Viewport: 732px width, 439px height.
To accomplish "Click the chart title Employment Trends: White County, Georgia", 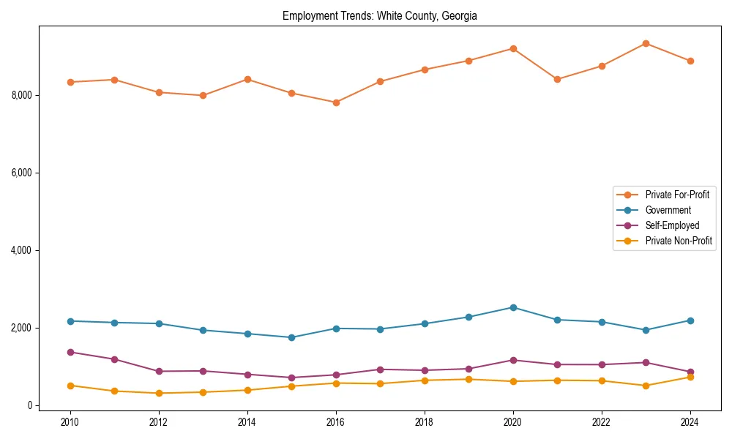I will click(380, 16).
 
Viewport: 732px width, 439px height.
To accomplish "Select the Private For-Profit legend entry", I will click(677, 195).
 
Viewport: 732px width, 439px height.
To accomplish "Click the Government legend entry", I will click(668, 210).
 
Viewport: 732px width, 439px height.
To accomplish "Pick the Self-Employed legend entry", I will click(672, 225).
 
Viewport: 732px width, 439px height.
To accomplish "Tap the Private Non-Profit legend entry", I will click(679, 241).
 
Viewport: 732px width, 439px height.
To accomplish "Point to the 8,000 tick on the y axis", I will click(23, 95).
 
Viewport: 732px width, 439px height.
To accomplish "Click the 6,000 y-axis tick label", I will click(23, 173).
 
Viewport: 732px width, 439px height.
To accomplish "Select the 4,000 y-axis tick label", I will click(23, 250).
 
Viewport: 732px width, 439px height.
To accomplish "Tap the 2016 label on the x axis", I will click(335, 422).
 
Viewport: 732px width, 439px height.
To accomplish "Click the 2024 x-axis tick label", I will click(690, 422).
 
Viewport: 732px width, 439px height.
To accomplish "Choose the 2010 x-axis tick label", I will click(70, 422).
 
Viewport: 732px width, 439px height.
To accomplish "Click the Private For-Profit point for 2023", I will click(646, 43).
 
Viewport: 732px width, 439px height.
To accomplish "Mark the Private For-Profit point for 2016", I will click(335, 102).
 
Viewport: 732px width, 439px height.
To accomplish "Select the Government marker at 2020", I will click(512, 307).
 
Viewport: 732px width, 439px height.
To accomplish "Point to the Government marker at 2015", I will click(291, 337).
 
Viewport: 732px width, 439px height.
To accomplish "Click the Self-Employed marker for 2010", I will click(70, 352).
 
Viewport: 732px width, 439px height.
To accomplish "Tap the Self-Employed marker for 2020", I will click(512, 360).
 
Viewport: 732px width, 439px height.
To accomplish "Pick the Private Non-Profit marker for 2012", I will click(159, 393).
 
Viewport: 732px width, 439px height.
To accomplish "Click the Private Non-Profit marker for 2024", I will click(690, 377).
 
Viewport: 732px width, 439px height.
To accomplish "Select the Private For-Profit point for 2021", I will click(557, 79).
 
